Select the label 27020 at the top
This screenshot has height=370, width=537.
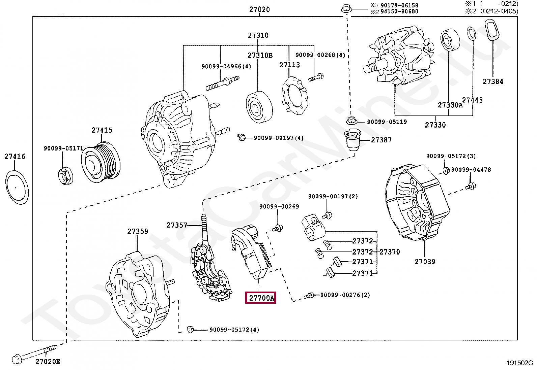[259, 9]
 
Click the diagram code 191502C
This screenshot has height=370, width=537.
[519, 363]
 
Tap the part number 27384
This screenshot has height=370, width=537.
[492, 81]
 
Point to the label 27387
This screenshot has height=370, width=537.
[381, 140]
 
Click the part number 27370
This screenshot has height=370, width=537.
[390, 252]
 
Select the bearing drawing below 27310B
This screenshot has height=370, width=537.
[259, 107]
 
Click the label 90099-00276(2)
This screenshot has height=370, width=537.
[345, 295]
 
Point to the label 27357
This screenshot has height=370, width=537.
[176, 225]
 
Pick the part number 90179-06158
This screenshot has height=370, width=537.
[399, 5]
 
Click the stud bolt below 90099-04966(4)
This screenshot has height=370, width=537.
[222, 83]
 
